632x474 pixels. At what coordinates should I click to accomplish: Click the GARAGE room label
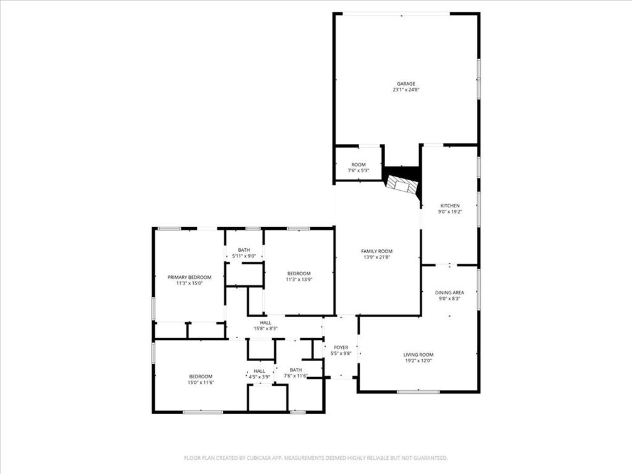[x=405, y=84]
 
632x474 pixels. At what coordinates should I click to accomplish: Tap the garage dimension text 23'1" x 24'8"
[x=405, y=90]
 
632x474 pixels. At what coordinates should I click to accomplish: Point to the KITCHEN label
[x=449, y=206]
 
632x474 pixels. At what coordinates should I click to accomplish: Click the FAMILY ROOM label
[x=376, y=251]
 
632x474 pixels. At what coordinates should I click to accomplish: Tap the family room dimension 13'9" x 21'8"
[x=376, y=257]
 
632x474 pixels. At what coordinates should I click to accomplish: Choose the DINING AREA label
[x=449, y=293]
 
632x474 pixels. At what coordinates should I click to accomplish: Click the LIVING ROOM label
[x=418, y=355]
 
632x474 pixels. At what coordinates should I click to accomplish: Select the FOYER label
[x=341, y=347]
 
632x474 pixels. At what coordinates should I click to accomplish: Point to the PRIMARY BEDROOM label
[x=189, y=277]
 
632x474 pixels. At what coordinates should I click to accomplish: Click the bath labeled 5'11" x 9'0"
[x=244, y=256]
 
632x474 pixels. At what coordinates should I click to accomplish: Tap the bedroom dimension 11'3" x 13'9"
[x=299, y=280]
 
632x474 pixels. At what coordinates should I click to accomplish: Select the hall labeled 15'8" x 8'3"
[x=265, y=328]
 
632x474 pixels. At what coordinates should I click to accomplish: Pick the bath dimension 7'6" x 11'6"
[x=296, y=376]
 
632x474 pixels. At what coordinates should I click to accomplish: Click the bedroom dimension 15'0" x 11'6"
[x=201, y=383]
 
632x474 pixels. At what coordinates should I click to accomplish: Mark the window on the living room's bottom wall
[x=418, y=391]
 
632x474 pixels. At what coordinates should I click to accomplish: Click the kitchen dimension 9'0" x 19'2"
[x=449, y=212]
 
